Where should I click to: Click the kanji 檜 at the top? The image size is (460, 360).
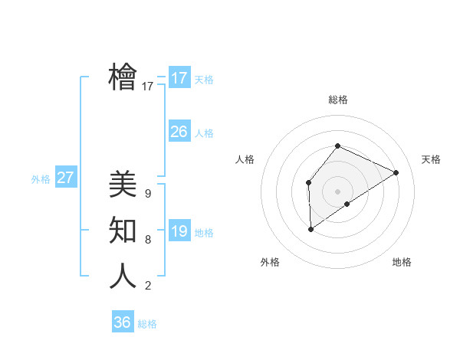123,77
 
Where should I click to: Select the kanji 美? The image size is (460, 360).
123,184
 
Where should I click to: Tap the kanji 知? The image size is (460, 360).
123,230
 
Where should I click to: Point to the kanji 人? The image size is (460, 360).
123,276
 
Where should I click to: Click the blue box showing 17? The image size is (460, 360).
179,78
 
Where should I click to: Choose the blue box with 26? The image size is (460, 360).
179,132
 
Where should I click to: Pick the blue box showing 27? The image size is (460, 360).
66,178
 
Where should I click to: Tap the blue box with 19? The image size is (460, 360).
179,231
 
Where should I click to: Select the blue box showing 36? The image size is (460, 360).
123,322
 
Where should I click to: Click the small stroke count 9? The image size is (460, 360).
147,194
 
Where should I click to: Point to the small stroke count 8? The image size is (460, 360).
147,240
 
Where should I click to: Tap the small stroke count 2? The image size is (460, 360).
147,286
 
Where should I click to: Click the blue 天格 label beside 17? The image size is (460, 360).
203,80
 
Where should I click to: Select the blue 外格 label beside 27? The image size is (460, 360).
41,179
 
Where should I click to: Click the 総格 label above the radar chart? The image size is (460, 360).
337,100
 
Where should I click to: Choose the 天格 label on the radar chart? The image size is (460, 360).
431,159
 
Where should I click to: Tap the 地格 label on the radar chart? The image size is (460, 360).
402,262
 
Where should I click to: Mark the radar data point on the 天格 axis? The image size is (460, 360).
396,172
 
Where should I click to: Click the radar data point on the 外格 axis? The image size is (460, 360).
311,228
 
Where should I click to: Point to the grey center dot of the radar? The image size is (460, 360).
337,191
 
